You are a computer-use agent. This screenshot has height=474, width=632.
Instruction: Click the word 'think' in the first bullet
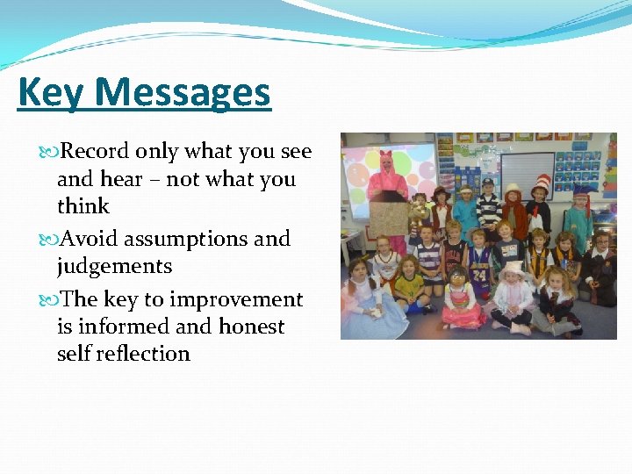pyautogui.click(x=83, y=206)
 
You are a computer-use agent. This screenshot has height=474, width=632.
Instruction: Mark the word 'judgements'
pyautogui.click(x=114, y=266)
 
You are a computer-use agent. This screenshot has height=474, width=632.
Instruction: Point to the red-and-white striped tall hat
pyautogui.click(x=541, y=185)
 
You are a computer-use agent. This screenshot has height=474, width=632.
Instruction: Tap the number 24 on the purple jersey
pyautogui.click(x=479, y=269)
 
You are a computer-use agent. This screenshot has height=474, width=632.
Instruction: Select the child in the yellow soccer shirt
pyautogui.click(x=409, y=285)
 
